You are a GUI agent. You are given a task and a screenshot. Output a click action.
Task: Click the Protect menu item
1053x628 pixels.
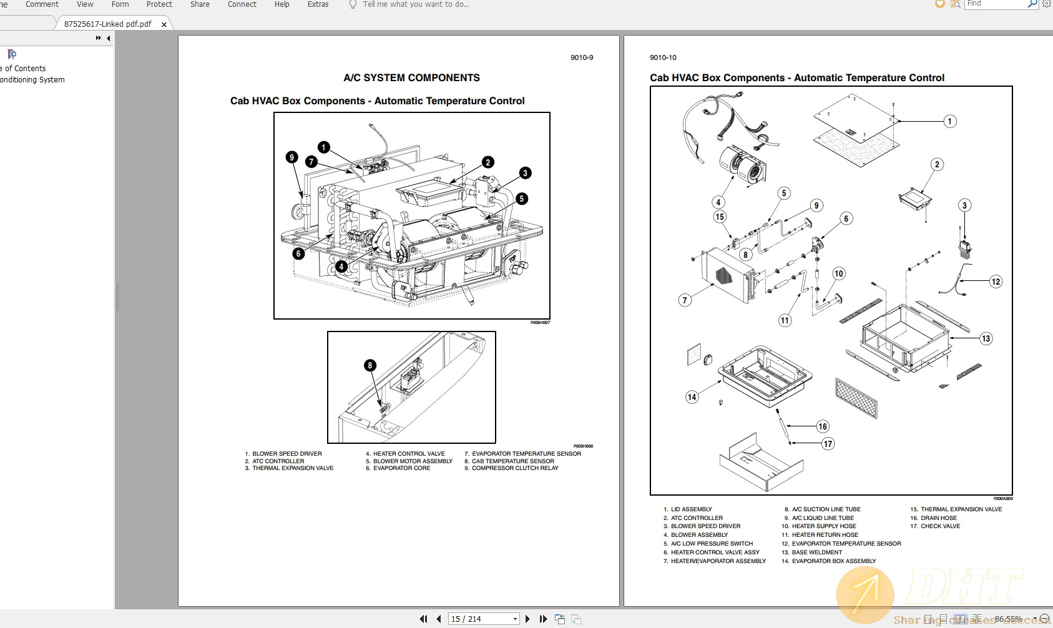(159, 4)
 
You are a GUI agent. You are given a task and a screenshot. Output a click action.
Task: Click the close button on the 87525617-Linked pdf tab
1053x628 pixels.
(164, 24)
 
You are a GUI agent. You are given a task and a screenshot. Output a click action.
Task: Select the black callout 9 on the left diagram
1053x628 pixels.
(291, 157)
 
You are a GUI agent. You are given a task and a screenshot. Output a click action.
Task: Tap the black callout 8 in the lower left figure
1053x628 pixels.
(370, 365)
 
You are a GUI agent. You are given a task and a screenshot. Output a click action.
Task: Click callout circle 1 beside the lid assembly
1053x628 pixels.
(949, 121)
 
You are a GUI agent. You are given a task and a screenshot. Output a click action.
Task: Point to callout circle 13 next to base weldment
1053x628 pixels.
(986, 338)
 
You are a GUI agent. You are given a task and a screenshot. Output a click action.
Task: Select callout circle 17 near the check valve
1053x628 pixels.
(828, 444)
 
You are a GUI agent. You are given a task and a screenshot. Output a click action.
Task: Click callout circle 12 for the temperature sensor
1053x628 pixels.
(996, 282)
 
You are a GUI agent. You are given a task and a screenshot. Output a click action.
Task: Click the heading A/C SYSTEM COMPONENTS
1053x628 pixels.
(411, 78)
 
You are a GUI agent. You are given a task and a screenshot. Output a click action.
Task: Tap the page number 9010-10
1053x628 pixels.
(663, 57)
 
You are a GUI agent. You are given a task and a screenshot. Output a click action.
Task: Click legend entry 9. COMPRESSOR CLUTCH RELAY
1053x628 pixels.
(511, 468)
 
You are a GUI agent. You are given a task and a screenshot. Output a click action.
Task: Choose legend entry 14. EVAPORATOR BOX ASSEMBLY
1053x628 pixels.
(828, 561)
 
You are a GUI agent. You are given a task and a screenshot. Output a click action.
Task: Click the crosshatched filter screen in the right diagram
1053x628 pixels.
(856, 397)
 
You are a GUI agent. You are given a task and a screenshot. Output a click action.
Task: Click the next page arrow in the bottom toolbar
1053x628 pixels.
(528, 619)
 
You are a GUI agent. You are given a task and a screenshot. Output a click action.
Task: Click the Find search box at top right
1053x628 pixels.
(995, 4)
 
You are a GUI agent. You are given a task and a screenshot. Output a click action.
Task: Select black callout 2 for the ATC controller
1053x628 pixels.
(488, 162)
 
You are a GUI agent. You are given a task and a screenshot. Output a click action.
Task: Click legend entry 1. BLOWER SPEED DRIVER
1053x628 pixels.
(283, 454)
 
